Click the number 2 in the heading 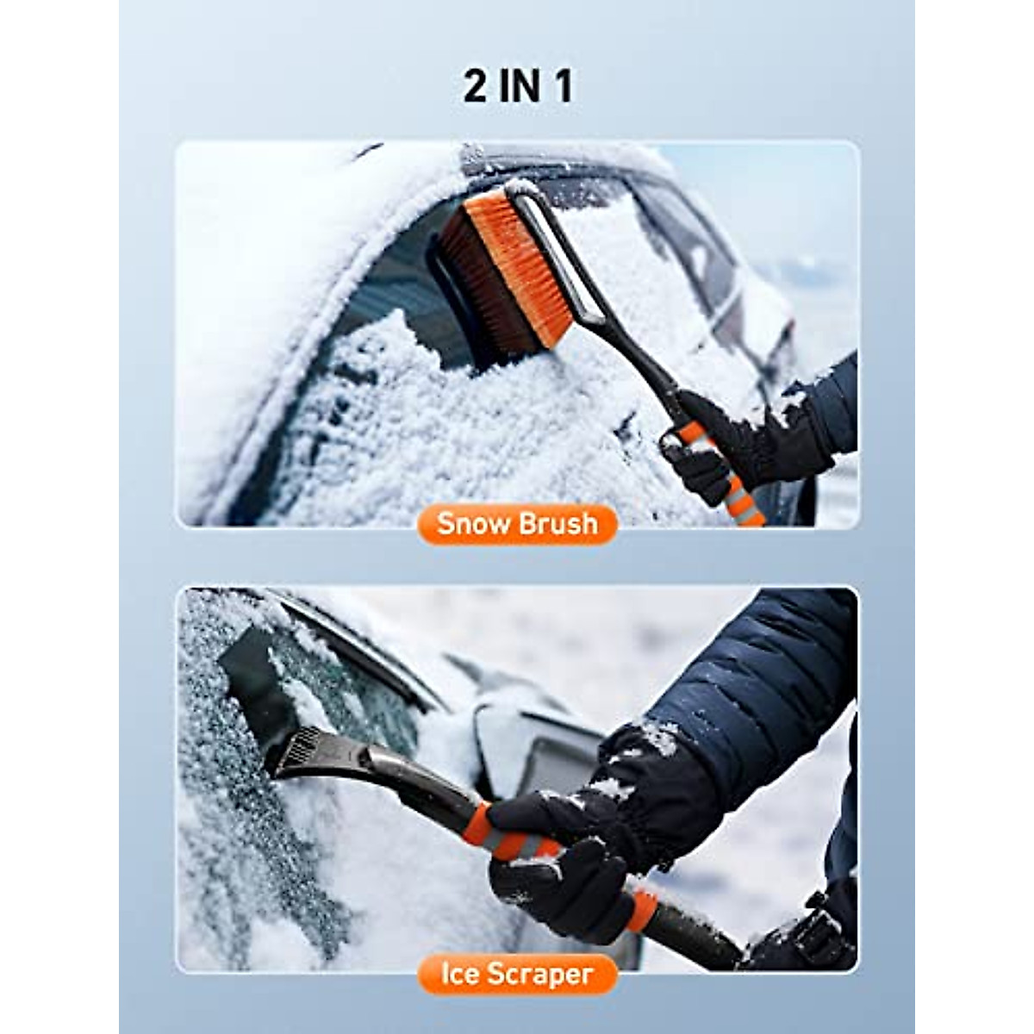point(475,87)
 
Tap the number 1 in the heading point(564,87)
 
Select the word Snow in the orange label point(470,524)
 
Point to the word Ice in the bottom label point(458,974)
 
